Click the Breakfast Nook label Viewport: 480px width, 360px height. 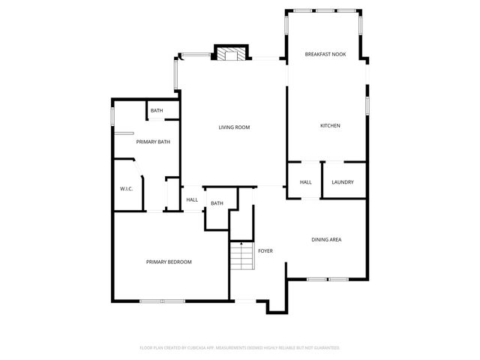click(x=325, y=55)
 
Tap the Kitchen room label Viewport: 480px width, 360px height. click(x=330, y=126)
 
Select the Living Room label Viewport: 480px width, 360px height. click(x=234, y=127)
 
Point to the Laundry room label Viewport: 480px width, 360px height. click(x=343, y=182)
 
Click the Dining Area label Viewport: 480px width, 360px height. click(x=326, y=240)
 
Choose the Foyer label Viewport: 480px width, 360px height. click(x=265, y=250)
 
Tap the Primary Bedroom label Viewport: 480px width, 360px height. click(x=169, y=262)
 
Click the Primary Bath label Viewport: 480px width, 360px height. click(x=149, y=142)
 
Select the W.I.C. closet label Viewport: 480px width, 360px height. click(x=126, y=188)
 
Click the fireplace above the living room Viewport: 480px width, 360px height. click(x=230, y=53)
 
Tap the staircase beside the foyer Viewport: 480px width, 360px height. click(x=240, y=259)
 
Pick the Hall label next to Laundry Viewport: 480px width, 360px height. click(x=306, y=182)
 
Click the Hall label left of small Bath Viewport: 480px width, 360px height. click(x=192, y=199)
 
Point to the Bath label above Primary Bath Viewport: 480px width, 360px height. click(x=157, y=111)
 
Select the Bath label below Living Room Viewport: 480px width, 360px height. click(x=217, y=203)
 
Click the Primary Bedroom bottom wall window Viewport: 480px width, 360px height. click(x=162, y=301)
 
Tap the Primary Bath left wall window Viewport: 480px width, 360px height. click(x=112, y=118)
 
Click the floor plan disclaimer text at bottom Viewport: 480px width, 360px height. click(x=240, y=348)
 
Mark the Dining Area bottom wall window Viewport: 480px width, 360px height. click(x=328, y=280)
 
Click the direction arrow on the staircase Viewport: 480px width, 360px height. click(x=241, y=244)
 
